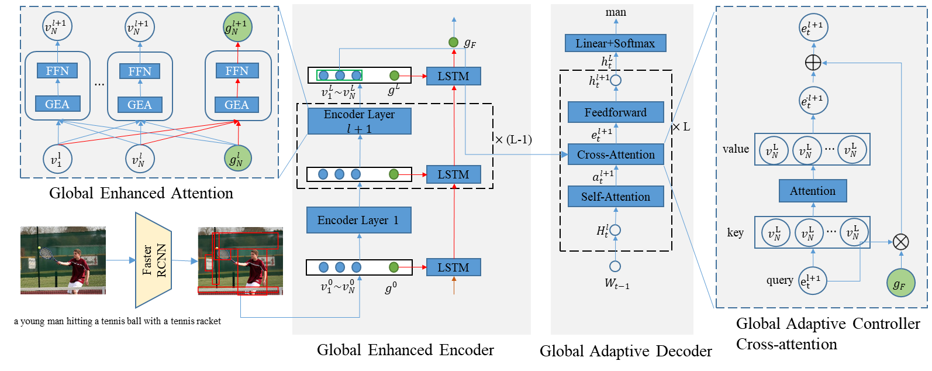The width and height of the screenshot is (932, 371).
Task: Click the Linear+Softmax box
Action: [615, 43]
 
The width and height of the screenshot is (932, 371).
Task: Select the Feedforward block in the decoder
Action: [616, 112]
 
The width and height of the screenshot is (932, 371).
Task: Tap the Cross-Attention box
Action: [616, 154]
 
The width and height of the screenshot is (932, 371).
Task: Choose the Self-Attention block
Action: [616, 197]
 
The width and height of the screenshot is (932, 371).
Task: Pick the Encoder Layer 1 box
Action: [358, 220]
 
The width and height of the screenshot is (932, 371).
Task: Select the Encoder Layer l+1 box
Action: [359, 121]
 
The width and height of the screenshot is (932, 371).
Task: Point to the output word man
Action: [616, 12]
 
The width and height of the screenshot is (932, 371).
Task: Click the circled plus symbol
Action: [813, 63]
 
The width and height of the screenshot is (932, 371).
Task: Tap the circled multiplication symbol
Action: [901, 241]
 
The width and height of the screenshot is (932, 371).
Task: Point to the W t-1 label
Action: [616, 284]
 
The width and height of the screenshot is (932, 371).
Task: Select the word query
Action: [779, 280]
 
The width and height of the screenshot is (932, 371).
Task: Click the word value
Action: [736, 149]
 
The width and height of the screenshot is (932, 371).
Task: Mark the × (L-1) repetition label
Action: [512, 140]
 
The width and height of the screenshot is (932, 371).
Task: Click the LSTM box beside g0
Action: [453, 267]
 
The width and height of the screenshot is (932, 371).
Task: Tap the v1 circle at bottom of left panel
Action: [57, 159]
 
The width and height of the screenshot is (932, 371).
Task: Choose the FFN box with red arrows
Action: [237, 71]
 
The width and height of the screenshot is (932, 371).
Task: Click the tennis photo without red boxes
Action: [63, 260]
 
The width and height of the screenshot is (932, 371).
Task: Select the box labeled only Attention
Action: [813, 191]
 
